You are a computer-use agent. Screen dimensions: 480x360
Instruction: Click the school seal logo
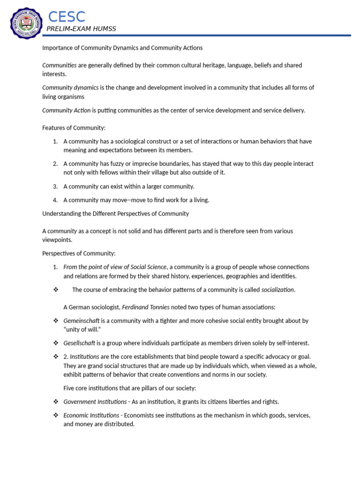point(27,24)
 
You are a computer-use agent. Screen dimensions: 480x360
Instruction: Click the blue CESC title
point(67,17)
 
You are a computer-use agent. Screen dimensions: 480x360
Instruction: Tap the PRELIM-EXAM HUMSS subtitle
point(81,29)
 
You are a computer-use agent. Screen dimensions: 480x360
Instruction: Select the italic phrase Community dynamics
point(70,88)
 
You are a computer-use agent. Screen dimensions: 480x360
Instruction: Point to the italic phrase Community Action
point(66,110)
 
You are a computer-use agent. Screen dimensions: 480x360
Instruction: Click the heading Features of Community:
point(74,127)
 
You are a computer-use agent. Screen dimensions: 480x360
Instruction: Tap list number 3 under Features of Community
point(55,187)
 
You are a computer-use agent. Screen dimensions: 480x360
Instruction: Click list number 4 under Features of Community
point(55,200)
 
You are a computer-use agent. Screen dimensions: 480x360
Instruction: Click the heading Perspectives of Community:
point(79,254)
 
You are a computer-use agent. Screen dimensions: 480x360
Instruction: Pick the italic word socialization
point(278,290)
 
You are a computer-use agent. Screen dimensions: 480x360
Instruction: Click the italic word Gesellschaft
point(79,344)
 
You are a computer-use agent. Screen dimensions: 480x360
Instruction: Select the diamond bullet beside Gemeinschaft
point(56,321)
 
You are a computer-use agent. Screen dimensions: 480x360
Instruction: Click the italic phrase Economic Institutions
point(91,415)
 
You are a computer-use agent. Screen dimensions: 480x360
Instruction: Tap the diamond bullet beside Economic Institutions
point(56,415)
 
